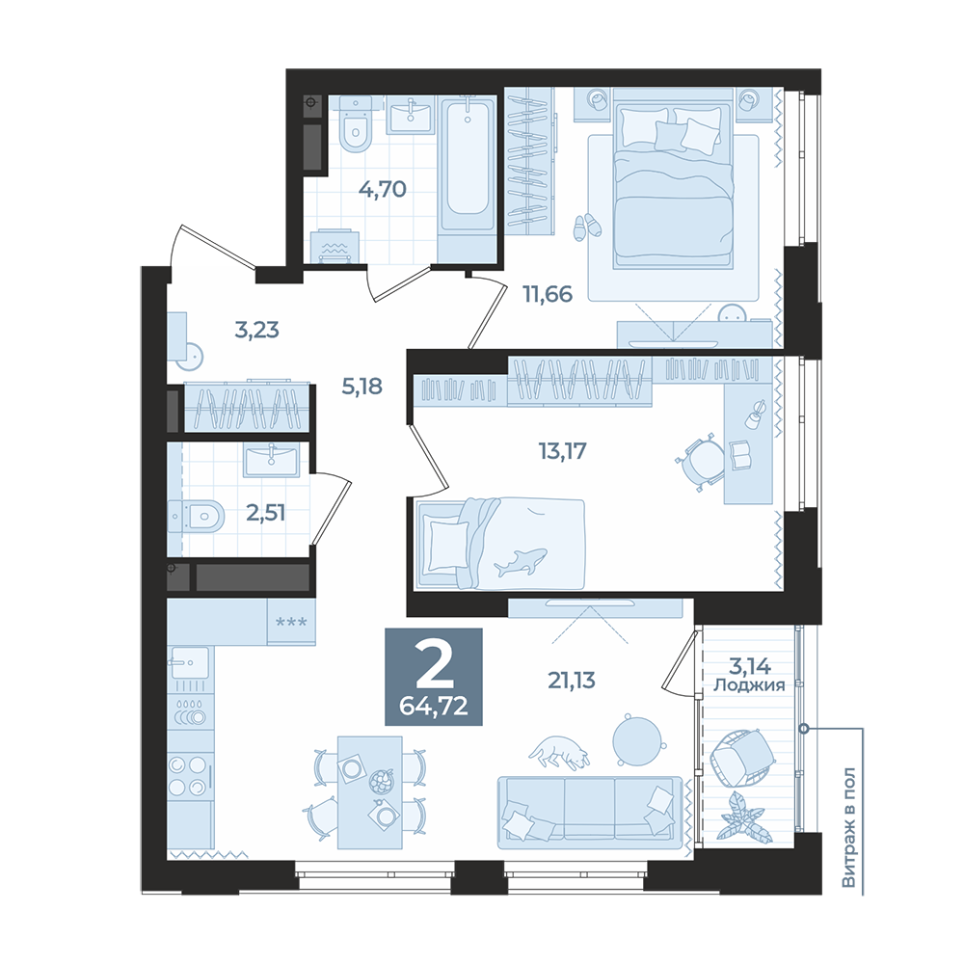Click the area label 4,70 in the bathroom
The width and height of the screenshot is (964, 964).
(383, 189)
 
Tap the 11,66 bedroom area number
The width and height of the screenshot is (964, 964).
(548, 294)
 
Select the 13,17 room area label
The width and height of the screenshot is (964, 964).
(563, 451)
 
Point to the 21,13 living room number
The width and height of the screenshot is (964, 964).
(572, 681)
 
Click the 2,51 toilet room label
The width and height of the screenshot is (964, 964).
(266, 513)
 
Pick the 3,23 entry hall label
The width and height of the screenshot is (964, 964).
(257, 330)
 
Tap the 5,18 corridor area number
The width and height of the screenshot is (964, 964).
(362, 387)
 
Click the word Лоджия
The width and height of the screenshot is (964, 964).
(749, 685)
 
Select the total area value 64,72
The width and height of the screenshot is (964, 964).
(434, 706)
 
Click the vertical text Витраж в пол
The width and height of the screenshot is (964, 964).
(848, 827)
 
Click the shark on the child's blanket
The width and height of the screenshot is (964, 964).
(521, 561)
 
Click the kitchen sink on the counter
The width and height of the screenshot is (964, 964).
(190, 661)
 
